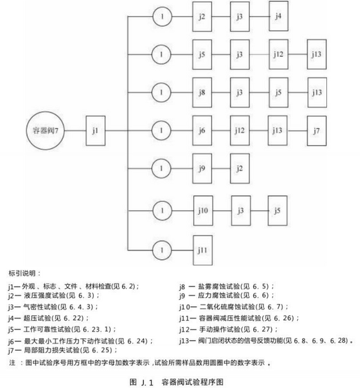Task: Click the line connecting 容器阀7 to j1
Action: [x=75, y=131]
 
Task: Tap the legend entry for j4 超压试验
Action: [x=49, y=318]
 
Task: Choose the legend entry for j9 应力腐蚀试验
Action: [x=227, y=296]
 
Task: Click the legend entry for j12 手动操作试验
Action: [x=229, y=329]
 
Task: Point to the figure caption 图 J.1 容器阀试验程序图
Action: [x=176, y=382]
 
